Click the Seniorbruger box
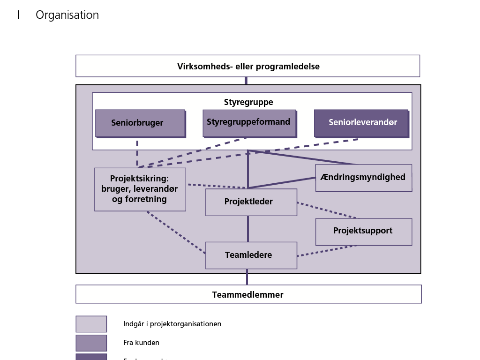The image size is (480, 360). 140,123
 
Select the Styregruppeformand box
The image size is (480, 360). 249,123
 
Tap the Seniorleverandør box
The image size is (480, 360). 361,123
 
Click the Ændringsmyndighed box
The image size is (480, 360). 363,178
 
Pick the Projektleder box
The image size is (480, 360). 251,202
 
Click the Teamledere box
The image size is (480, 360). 251,255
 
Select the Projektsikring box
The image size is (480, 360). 140,189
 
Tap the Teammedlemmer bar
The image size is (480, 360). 248,294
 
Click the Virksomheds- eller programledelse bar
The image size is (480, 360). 247,66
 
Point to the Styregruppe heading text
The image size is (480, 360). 248,102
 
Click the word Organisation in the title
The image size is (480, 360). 67,15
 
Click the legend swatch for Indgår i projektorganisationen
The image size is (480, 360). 91,324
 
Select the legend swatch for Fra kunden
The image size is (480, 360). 91,343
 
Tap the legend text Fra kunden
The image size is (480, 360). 141,343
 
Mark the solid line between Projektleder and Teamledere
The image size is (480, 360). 248,229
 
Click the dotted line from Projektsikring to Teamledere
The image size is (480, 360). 176,232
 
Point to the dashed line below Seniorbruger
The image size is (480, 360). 137,152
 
